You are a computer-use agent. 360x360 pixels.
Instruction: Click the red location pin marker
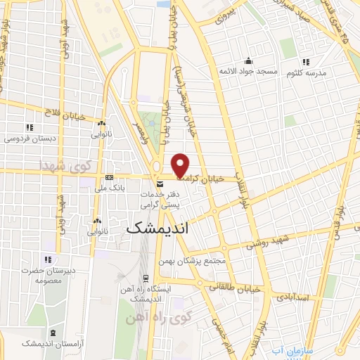point(181,165)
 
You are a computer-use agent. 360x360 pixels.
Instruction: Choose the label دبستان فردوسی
point(29,139)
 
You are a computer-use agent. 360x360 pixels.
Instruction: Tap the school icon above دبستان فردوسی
point(29,127)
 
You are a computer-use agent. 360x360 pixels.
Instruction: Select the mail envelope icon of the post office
point(160,184)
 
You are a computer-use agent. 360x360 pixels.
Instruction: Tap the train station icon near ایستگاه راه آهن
point(146,278)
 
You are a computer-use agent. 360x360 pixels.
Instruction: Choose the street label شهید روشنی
point(267,244)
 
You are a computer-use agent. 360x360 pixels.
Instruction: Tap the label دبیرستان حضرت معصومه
point(47,275)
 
